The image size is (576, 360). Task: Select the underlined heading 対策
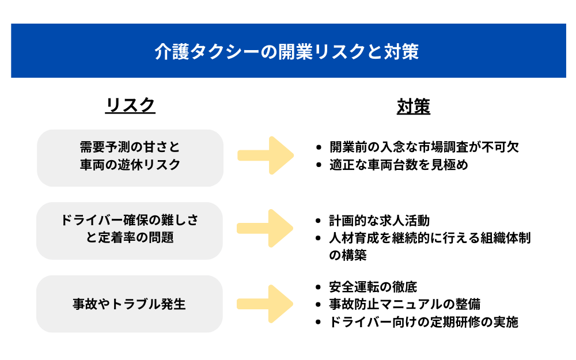413,107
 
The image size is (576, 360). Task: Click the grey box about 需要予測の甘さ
130,157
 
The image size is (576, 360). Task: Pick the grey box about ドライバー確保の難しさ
130,230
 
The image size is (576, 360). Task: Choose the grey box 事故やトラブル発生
130,304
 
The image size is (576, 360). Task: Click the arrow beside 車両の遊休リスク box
266,156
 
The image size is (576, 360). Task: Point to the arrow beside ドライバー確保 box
266,229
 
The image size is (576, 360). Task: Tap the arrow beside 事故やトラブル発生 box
266,304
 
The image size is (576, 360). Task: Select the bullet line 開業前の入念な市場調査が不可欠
424,147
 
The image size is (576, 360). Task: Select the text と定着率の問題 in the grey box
130,238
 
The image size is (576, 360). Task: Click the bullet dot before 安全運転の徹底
319,287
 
